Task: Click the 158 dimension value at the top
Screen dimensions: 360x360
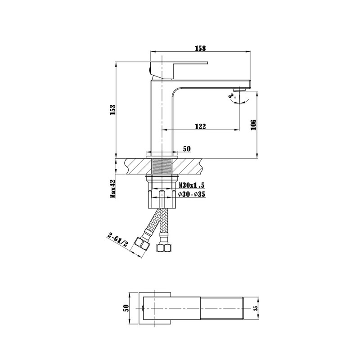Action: [200, 48]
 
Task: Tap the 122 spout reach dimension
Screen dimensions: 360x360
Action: [200, 127]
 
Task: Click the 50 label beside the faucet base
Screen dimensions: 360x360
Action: [187, 149]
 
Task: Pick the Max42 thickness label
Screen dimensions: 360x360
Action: [113, 188]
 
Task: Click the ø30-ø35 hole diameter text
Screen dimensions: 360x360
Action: [192, 194]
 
